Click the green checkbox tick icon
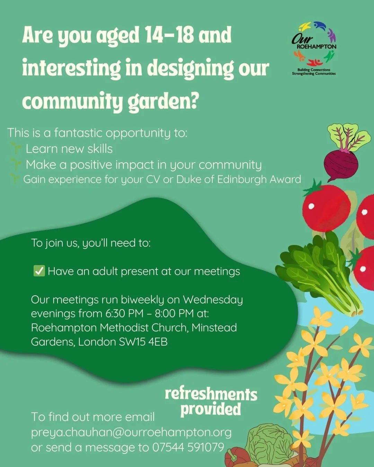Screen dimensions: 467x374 (39, 271)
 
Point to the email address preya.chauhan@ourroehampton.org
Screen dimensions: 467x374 (131, 432)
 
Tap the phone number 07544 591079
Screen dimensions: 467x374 (188, 447)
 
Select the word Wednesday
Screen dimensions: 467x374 (213, 300)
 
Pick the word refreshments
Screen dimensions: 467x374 (211, 394)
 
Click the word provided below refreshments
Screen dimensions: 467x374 (211, 409)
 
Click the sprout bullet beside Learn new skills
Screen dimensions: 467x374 (16, 148)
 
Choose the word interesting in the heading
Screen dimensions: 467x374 (71, 68)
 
